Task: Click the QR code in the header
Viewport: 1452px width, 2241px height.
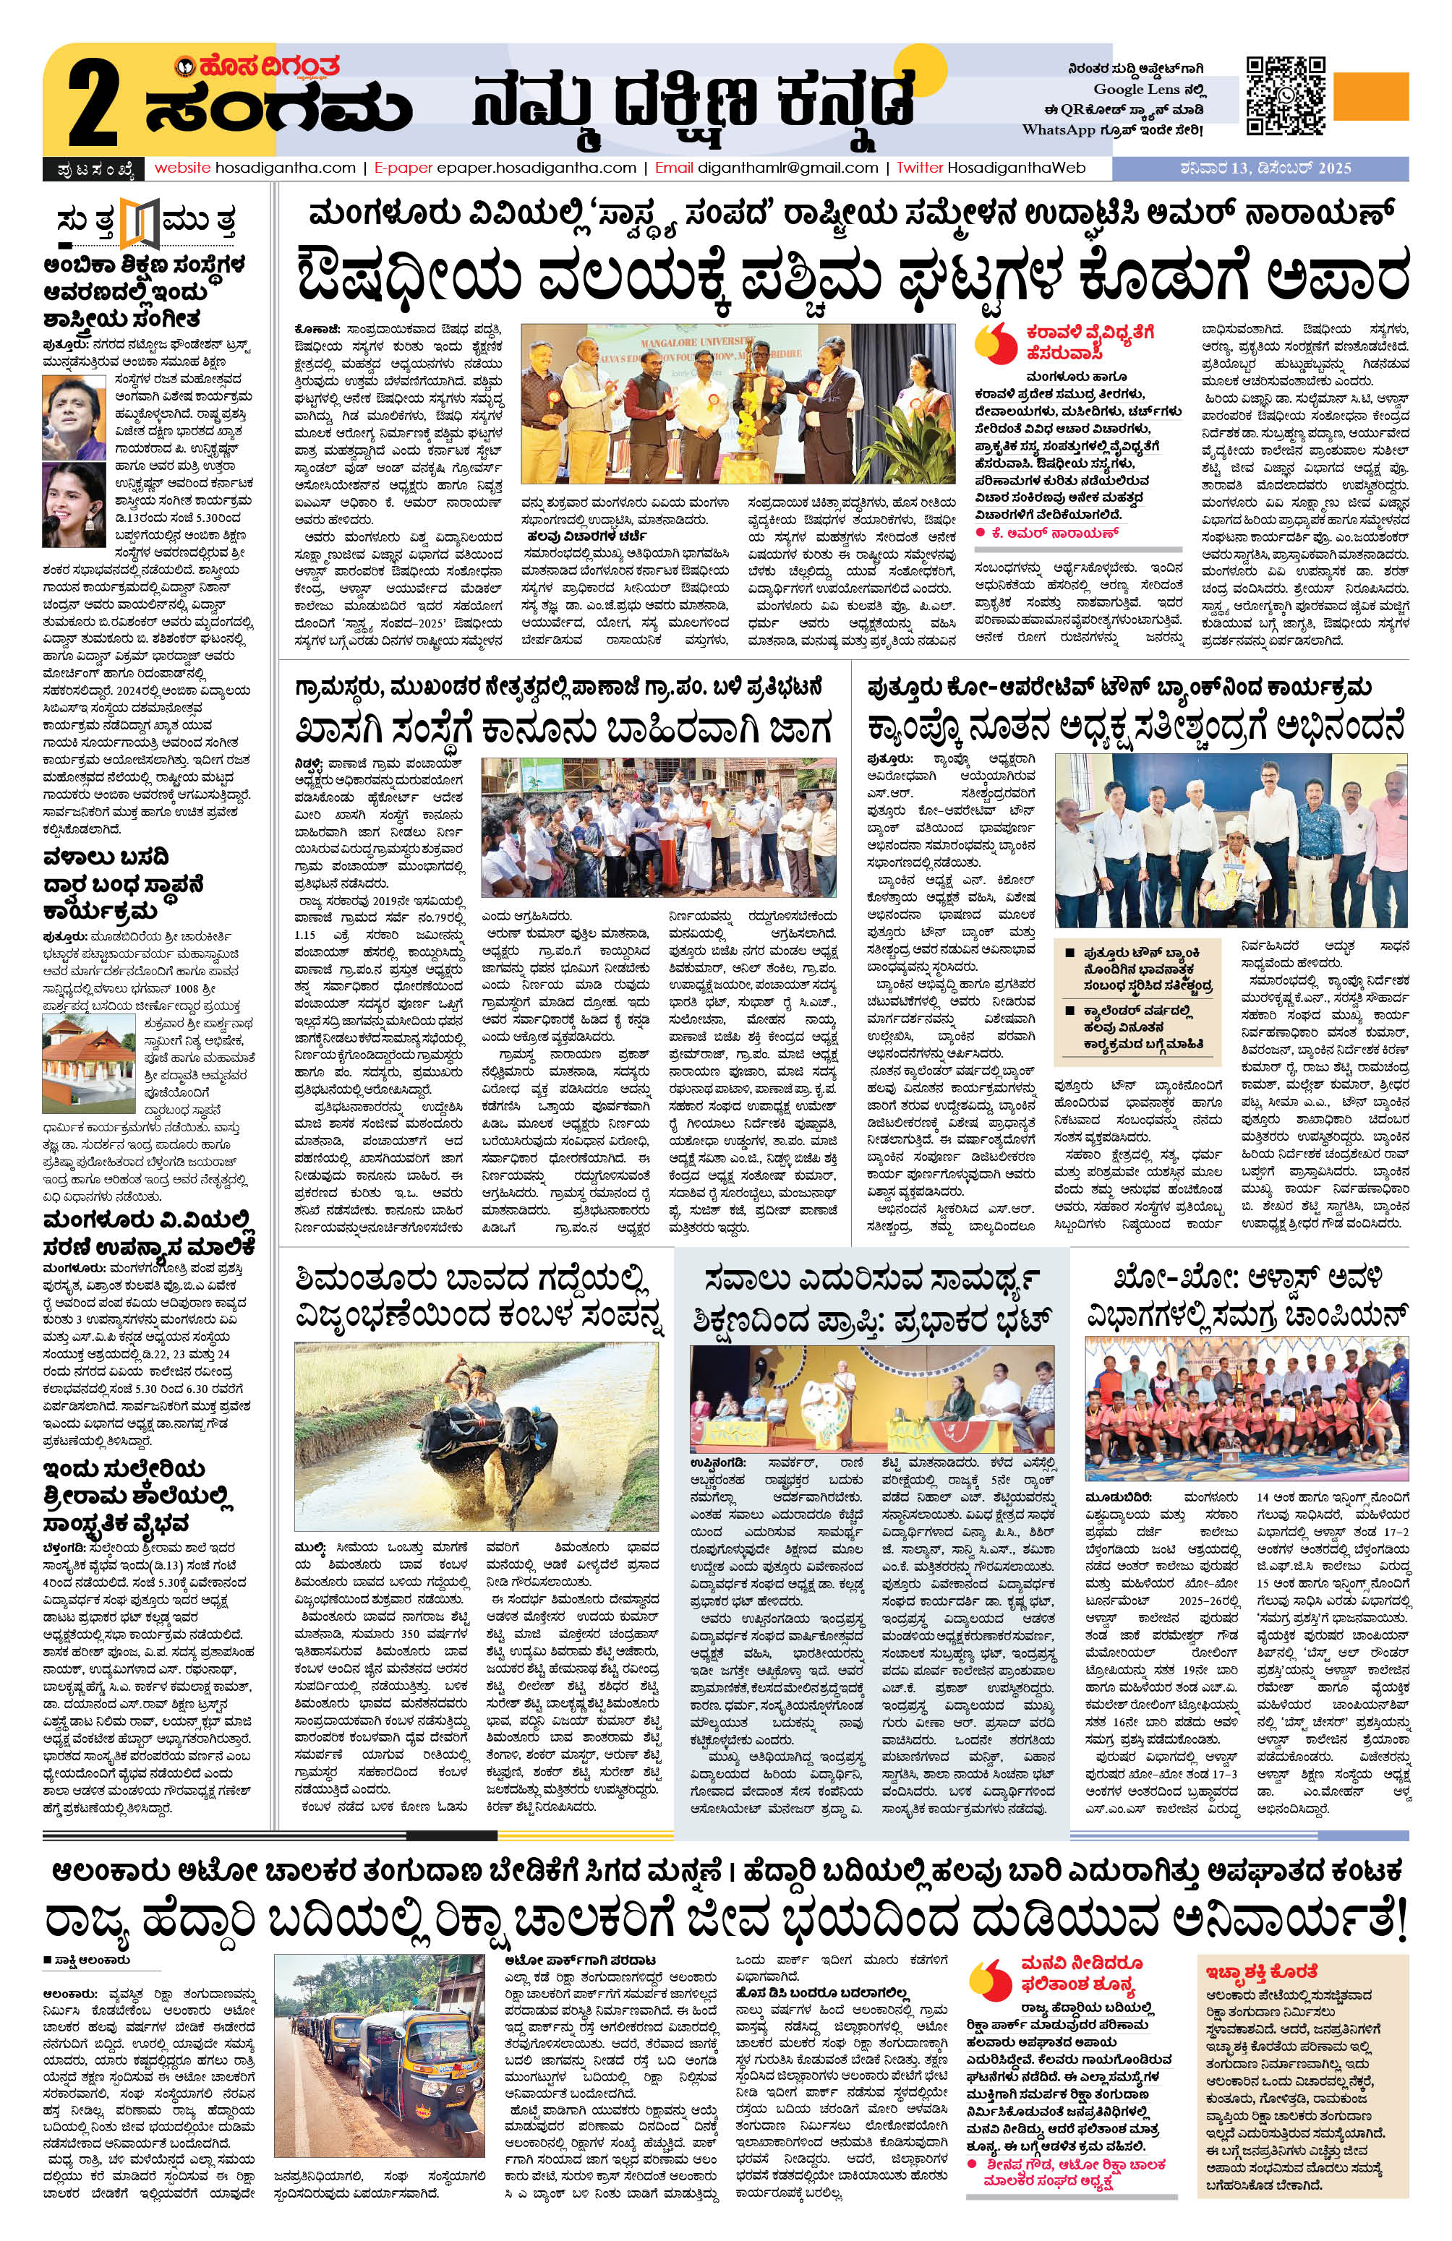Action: coord(1286,96)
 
